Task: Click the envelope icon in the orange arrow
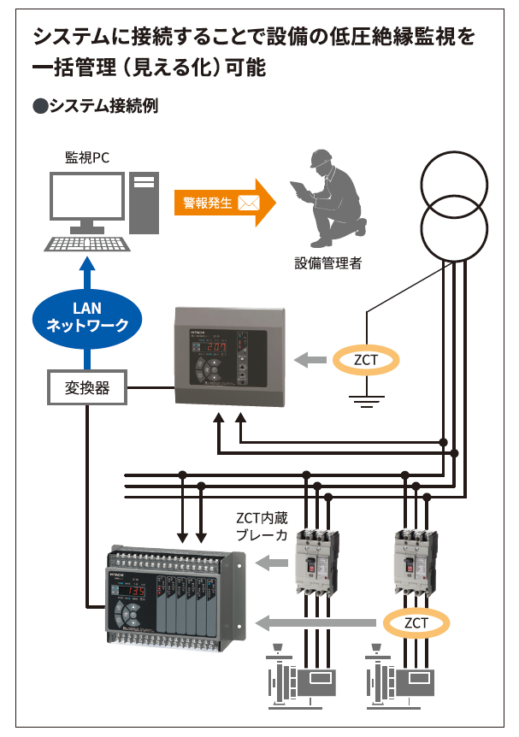249,203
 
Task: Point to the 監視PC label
87,157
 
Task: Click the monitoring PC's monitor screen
86,198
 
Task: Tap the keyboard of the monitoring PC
86,243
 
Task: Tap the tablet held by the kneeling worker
300,189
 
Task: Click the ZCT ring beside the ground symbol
366,360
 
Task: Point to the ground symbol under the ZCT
366,398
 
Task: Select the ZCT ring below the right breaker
416,622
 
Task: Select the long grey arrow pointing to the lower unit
317,622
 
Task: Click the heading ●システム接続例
96,106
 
